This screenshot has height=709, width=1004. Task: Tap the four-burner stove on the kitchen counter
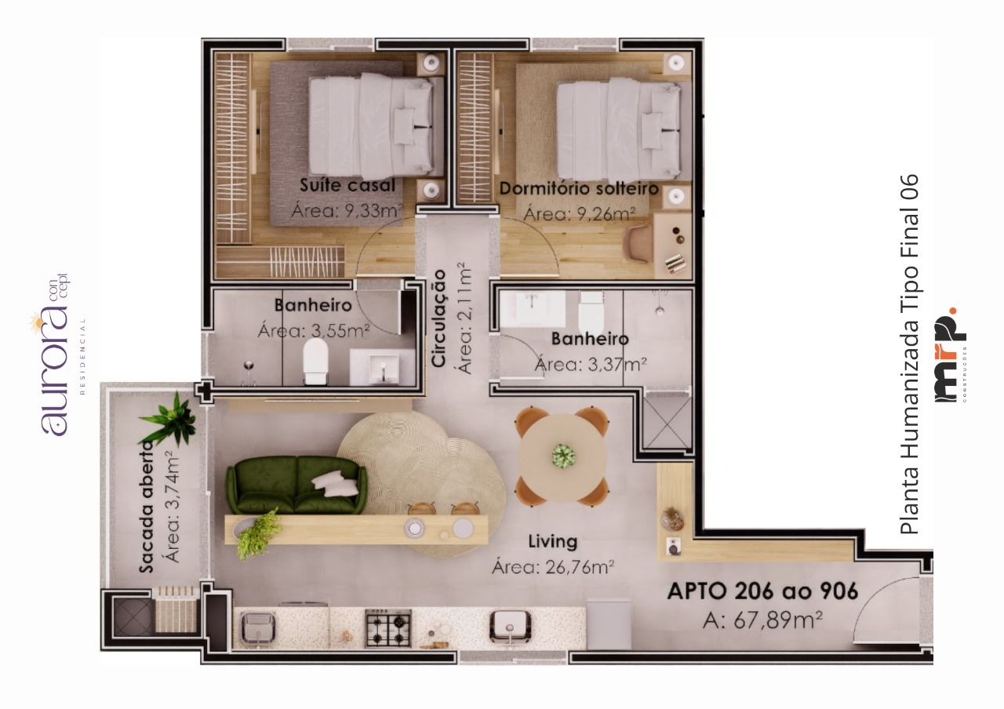click(388, 627)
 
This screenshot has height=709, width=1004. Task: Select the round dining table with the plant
click(562, 456)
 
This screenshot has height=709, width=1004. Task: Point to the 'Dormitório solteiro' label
click(579, 189)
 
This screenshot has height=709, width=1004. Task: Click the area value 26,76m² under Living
click(553, 567)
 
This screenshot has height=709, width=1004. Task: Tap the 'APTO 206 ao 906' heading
click(762, 591)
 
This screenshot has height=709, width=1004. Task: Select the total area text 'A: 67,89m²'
click(762, 620)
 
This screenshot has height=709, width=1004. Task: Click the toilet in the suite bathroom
click(315, 362)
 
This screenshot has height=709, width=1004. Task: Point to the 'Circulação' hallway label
click(439, 318)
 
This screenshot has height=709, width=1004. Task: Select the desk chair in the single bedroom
click(638, 242)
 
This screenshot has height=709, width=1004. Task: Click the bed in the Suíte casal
click(371, 125)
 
